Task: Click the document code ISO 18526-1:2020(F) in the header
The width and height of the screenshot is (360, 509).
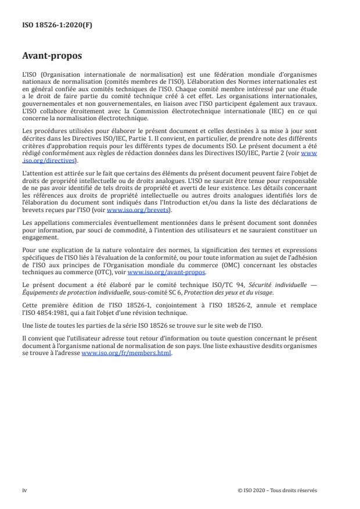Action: point(48,26)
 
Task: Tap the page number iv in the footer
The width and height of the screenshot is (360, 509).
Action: point(24,490)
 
